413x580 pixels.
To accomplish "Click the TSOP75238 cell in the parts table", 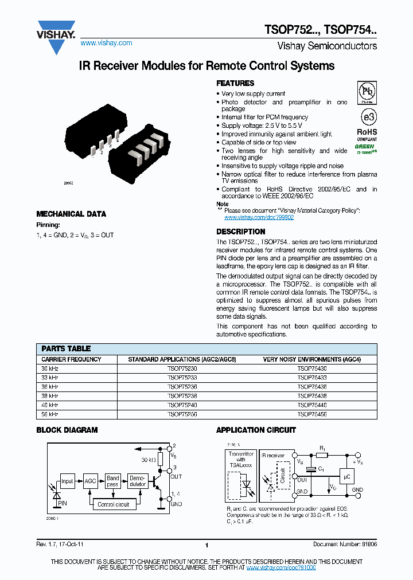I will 182,395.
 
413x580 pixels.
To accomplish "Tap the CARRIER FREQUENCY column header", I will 72,359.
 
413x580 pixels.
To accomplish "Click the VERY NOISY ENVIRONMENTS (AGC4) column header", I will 311,359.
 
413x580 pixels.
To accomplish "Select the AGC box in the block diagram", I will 90,481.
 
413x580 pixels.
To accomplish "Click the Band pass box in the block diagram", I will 113,481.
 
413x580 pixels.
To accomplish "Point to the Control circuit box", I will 113,504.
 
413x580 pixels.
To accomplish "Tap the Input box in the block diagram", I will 67,481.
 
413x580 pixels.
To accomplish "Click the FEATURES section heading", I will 235,83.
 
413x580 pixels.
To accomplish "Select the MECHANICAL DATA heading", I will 71,214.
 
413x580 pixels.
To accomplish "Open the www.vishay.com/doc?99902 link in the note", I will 259,218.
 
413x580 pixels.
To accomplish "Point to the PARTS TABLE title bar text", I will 66,348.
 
